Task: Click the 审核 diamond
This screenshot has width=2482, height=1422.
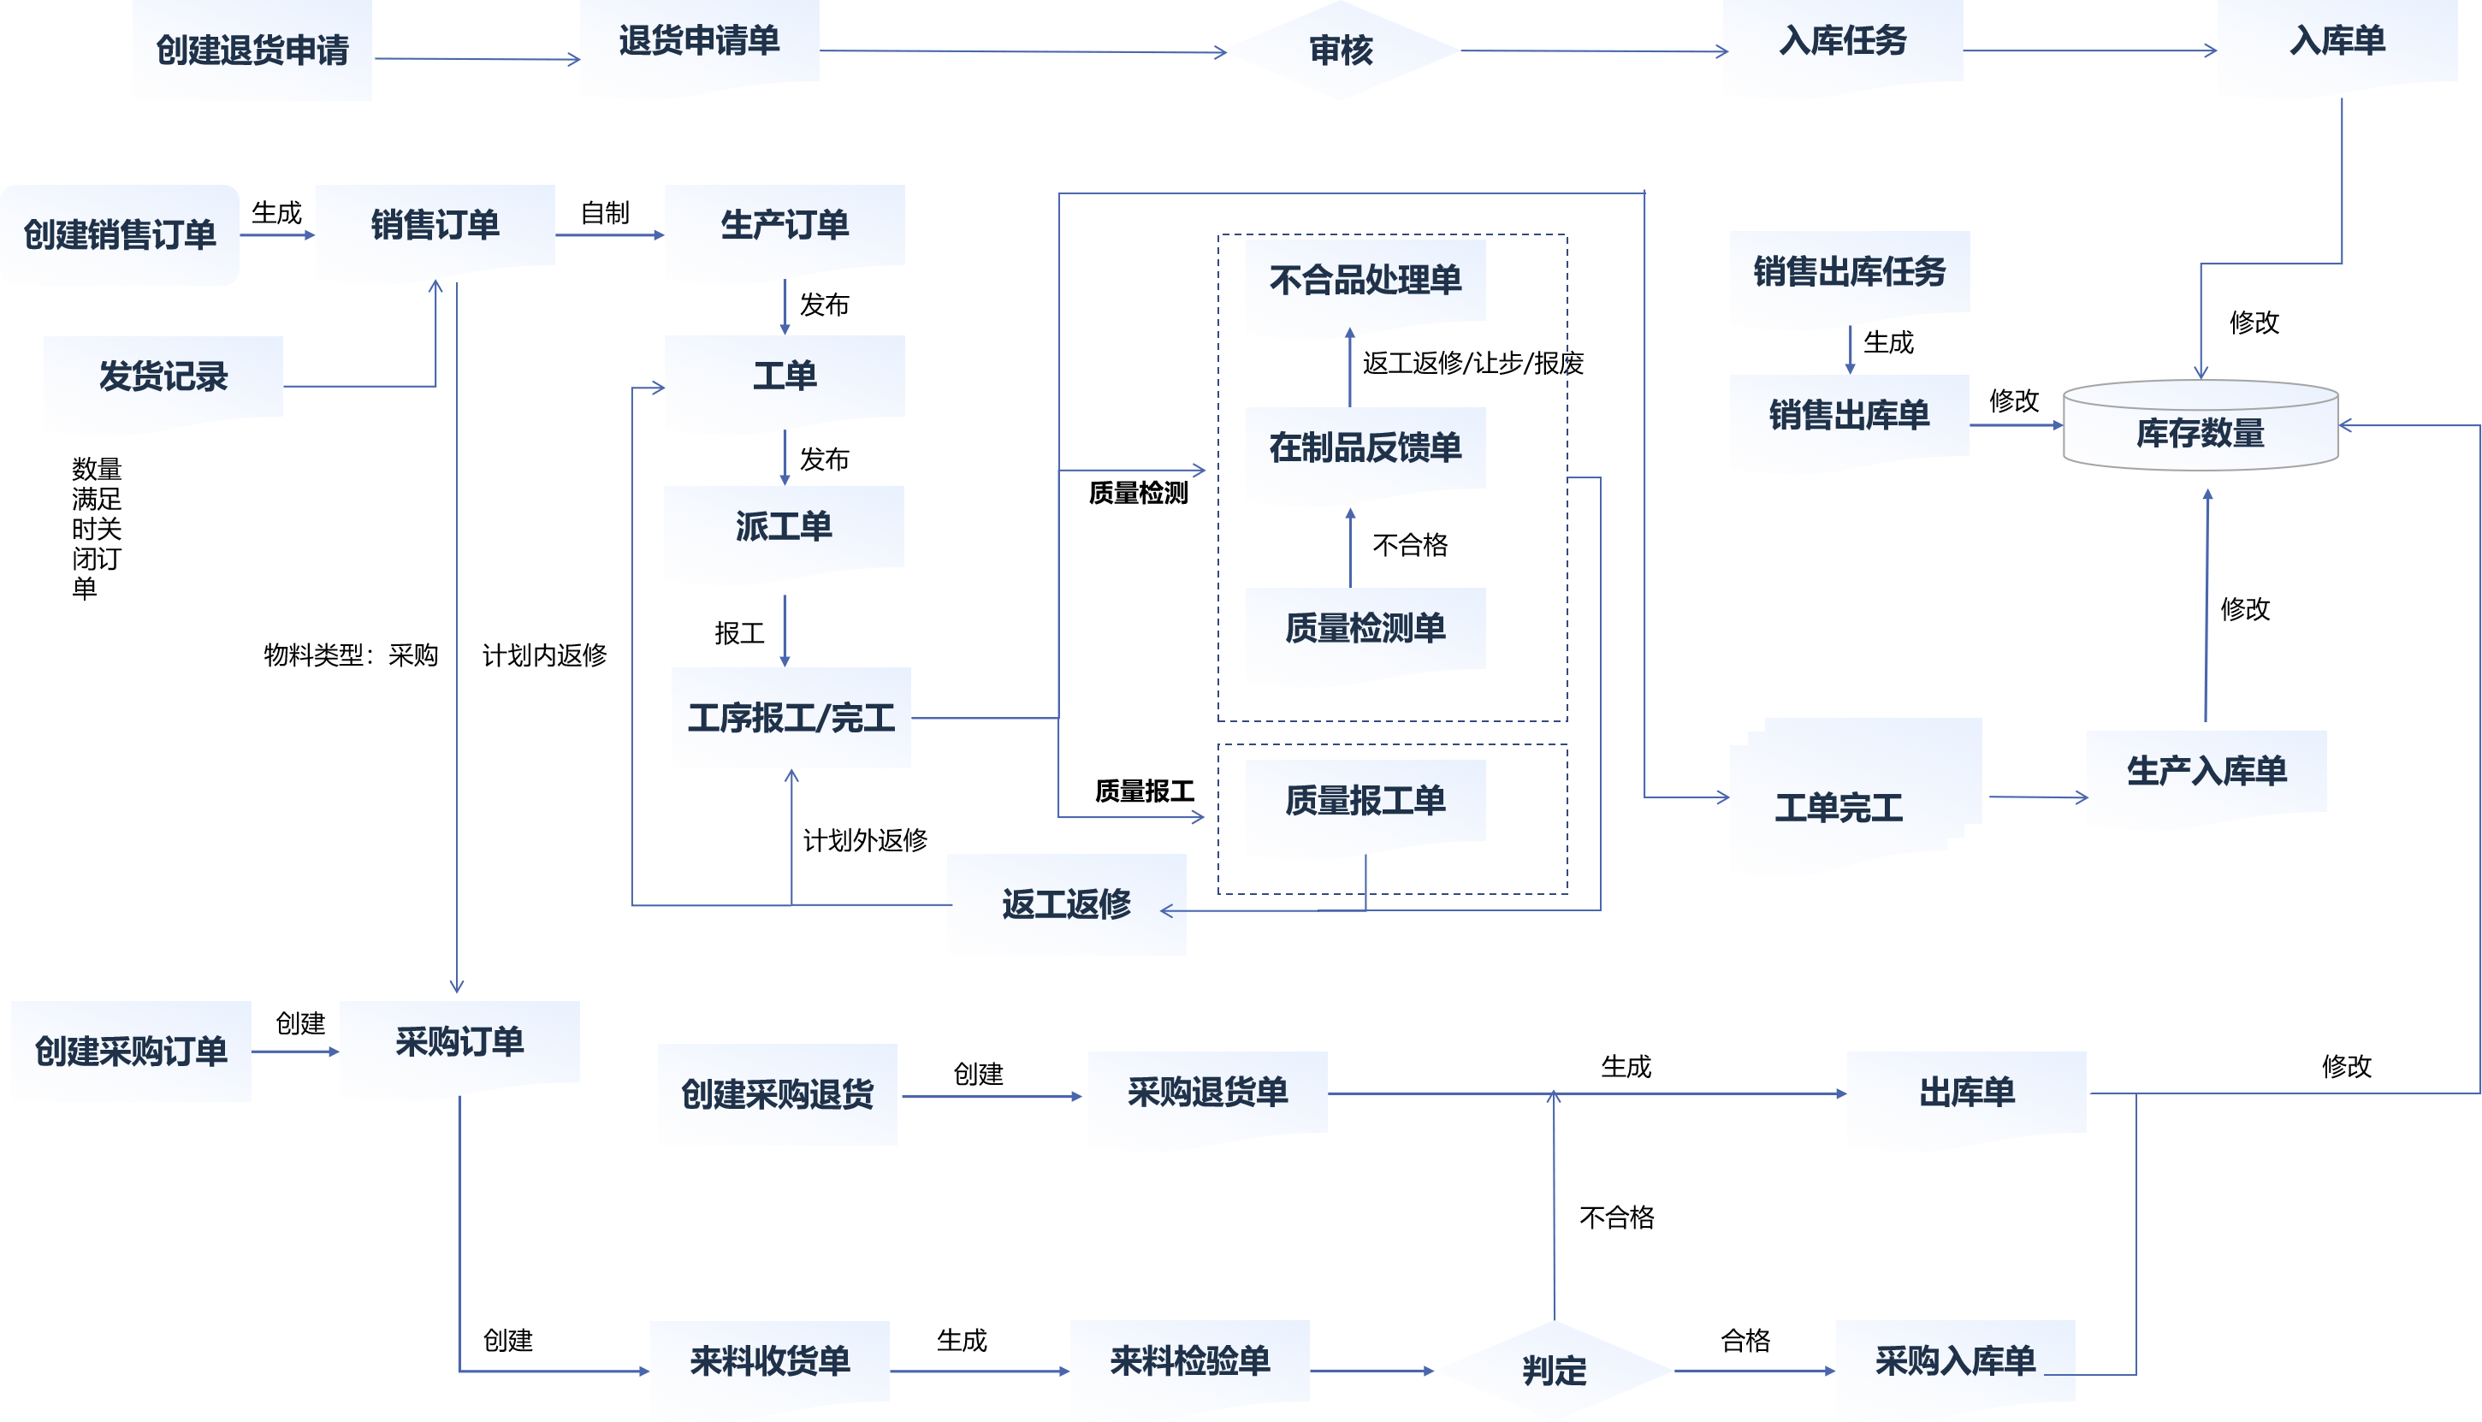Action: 1341,50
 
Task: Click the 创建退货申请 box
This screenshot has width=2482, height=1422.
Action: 252,50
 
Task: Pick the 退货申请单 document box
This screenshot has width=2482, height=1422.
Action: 699,44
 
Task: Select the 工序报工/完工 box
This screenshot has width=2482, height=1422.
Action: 791,718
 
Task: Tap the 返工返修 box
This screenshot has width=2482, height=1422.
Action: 1066,904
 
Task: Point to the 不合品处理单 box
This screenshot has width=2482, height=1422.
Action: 1365,282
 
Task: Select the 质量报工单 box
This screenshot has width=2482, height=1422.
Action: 1365,803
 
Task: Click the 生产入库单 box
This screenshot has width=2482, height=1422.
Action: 2206,773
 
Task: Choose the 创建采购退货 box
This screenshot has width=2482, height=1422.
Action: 777,1093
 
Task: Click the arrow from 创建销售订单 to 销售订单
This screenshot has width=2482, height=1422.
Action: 277,235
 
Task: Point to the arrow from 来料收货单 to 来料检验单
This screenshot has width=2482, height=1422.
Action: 980,1372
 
